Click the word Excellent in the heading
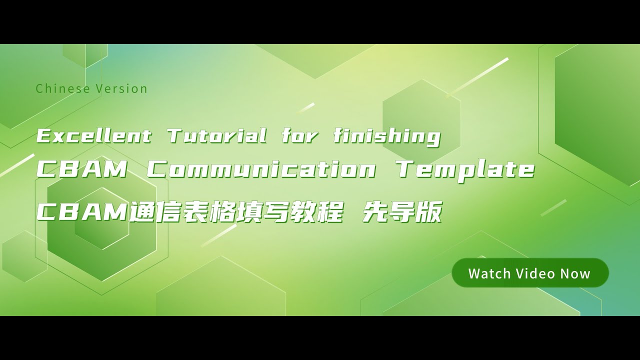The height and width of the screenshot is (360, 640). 94,136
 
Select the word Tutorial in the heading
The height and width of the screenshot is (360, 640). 217,136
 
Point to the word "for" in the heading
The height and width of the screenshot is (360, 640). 300,136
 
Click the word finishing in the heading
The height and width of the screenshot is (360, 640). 387,136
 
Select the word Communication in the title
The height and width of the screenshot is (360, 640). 261,170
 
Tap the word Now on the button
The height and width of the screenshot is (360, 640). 575,274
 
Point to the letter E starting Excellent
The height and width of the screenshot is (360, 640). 44,136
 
